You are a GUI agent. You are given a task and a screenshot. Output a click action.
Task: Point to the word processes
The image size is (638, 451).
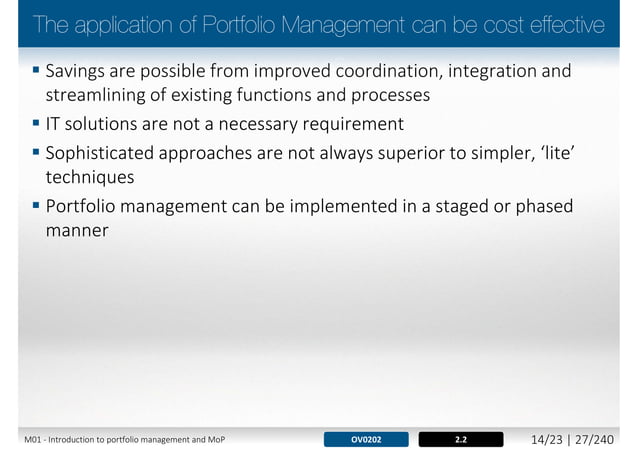click(x=384, y=97)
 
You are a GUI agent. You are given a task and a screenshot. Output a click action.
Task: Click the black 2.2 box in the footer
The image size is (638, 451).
click(x=460, y=438)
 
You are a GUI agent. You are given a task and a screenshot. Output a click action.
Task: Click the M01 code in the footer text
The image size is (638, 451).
click(x=36, y=439)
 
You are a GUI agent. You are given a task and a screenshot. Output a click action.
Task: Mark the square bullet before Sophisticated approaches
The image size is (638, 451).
click(x=36, y=151)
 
